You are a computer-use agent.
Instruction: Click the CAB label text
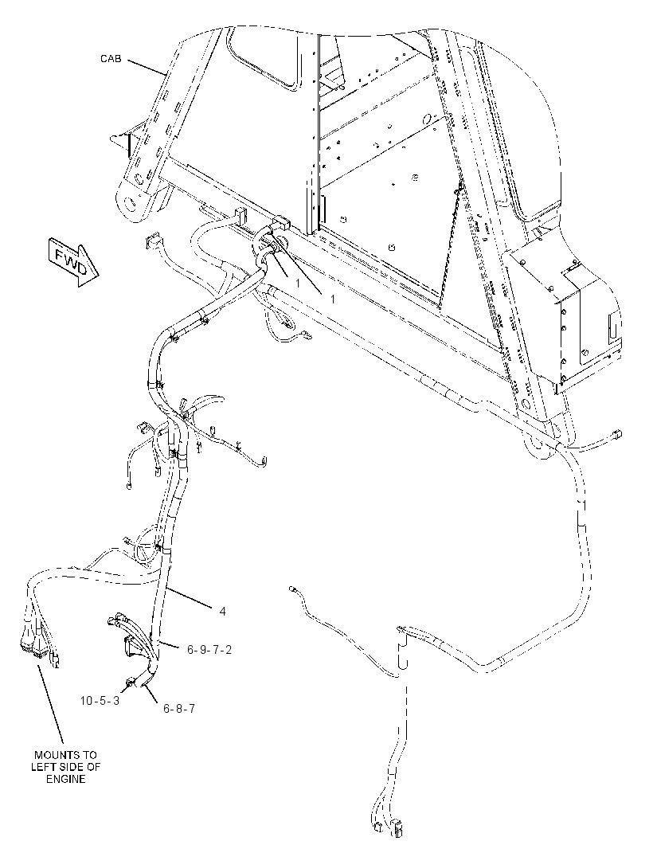[x=111, y=58]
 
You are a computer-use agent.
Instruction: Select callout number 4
[x=222, y=612]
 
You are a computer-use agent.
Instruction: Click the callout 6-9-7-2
[x=209, y=649]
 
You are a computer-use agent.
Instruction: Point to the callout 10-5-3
[x=100, y=700]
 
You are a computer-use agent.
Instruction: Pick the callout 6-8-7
[x=178, y=708]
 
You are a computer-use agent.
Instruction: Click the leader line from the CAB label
[x=147, y=67]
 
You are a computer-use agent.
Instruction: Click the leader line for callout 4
[x=191, y=597]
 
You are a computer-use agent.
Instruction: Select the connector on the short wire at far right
[x=617, y=433]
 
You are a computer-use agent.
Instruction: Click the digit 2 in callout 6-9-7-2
[x=229, y=649]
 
